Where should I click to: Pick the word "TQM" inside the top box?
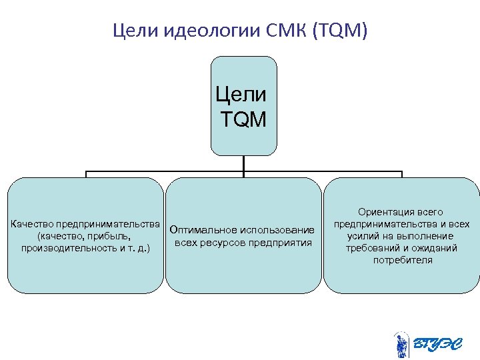point(243,120)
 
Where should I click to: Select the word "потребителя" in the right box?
point(402,260)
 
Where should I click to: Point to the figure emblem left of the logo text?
point(401,345)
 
